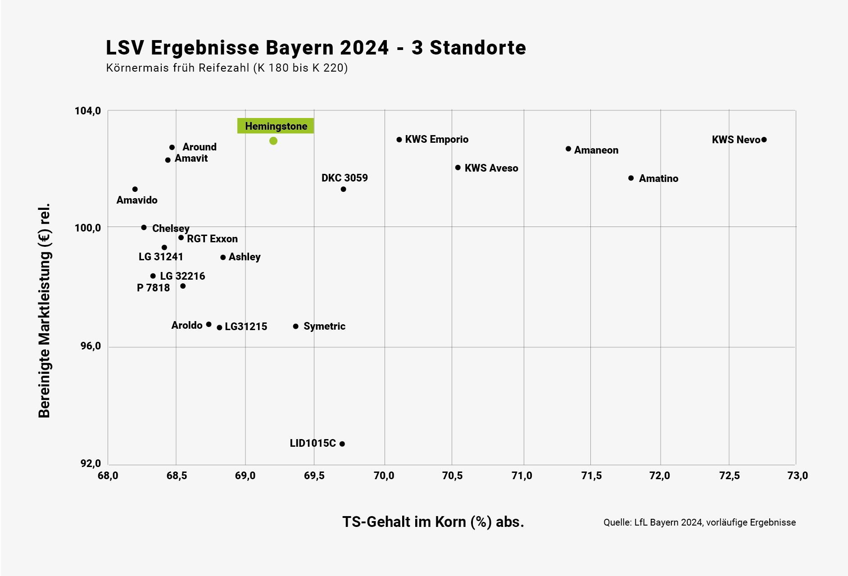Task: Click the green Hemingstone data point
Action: [x=273, y=141]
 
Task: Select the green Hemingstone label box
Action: [x=276, y=126]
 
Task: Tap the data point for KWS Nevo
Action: [x=764, y=140]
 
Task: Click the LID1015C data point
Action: [x=342, y=444]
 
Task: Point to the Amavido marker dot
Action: [x=135, y=189]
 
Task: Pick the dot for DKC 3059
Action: [x=344, y=189]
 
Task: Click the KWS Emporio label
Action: [x=436, y=140]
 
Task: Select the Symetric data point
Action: [x=296, y=327]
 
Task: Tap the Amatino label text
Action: [x=658, y=179]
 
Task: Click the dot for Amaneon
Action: [x=568, y=149]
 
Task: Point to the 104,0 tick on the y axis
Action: [x=88, y=111]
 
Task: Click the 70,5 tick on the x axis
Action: [x=452, y=476]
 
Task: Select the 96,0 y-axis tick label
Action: [x=91, y=346]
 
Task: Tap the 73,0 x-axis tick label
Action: [x=798, y=476]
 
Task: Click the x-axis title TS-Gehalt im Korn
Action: [x=433, y=522]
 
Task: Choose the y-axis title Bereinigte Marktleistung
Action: [x=44, y=311]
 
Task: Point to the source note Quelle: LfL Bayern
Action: [x=699, y=522]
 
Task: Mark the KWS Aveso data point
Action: [x=458, y=168]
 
